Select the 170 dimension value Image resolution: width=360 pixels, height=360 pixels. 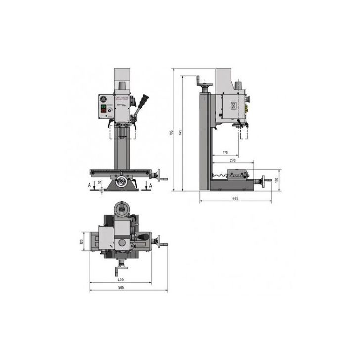[x=225, y=152]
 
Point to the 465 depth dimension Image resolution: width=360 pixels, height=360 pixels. [x=235, y=198]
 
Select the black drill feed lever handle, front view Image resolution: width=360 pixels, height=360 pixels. [x=144, y=100]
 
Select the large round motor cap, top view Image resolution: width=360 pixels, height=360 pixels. [x=121, y=208]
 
